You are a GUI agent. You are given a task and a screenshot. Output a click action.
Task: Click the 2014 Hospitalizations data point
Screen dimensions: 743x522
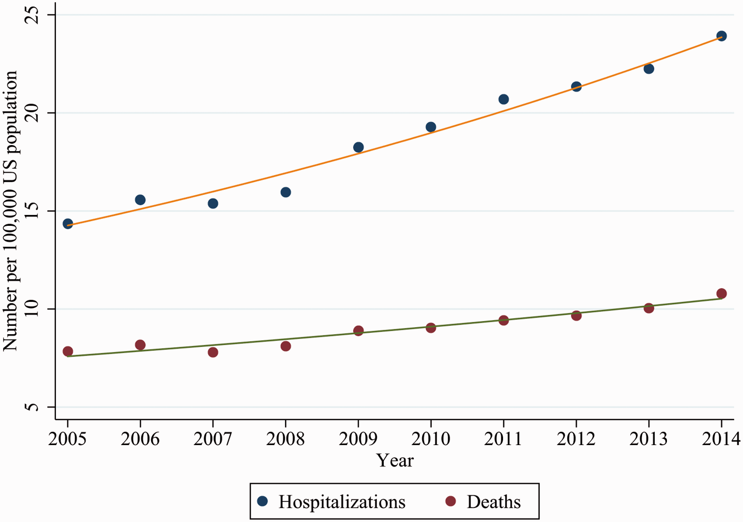click(x=722, y=36)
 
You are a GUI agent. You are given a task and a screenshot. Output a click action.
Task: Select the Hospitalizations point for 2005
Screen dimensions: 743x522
click(x=68, y=224)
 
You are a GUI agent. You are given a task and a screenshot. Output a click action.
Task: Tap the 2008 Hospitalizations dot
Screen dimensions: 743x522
click(x=285, y=192)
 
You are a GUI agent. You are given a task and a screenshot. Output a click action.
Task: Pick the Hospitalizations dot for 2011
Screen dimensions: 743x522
click(x=503, y=99)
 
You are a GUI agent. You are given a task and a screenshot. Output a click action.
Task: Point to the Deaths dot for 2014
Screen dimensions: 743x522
click(x=722, y=293)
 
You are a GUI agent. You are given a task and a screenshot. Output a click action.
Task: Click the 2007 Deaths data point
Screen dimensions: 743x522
click(x=213, y=352)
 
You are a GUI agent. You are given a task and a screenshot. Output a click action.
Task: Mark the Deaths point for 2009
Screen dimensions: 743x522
click(x=358, y=331)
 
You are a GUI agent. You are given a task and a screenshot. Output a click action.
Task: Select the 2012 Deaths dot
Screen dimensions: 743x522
click(x=576, y=315)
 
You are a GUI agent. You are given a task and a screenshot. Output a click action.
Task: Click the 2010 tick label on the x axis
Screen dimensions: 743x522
click(x=431, y=439)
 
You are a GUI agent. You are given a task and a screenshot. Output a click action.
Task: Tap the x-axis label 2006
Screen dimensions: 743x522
click(x=140, y=439)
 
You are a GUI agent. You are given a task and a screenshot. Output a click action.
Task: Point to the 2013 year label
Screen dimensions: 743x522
click(x=649, y=439)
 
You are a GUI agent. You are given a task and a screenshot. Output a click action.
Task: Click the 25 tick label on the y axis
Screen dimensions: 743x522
click(x=32, y=15)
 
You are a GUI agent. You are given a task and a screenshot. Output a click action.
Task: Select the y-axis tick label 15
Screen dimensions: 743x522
click(x=32, y=211)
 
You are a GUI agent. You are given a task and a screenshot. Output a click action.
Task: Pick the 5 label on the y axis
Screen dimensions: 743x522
click(x=32, y=407)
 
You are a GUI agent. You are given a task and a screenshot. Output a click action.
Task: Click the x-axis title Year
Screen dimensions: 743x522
click(x=395, y=460)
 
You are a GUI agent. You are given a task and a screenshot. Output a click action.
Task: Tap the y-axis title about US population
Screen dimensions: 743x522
click(x=10, y=211)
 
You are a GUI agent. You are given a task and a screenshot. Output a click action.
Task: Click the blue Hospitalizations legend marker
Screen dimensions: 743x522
click(x=262, y=501)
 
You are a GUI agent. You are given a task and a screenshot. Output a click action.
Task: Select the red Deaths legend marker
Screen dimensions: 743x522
click(x=451, y=501)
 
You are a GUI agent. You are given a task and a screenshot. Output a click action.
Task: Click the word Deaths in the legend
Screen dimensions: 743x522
click(x=494, y=502)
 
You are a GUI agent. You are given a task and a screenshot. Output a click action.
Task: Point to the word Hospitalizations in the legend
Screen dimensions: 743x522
click(x=342, y=502)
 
